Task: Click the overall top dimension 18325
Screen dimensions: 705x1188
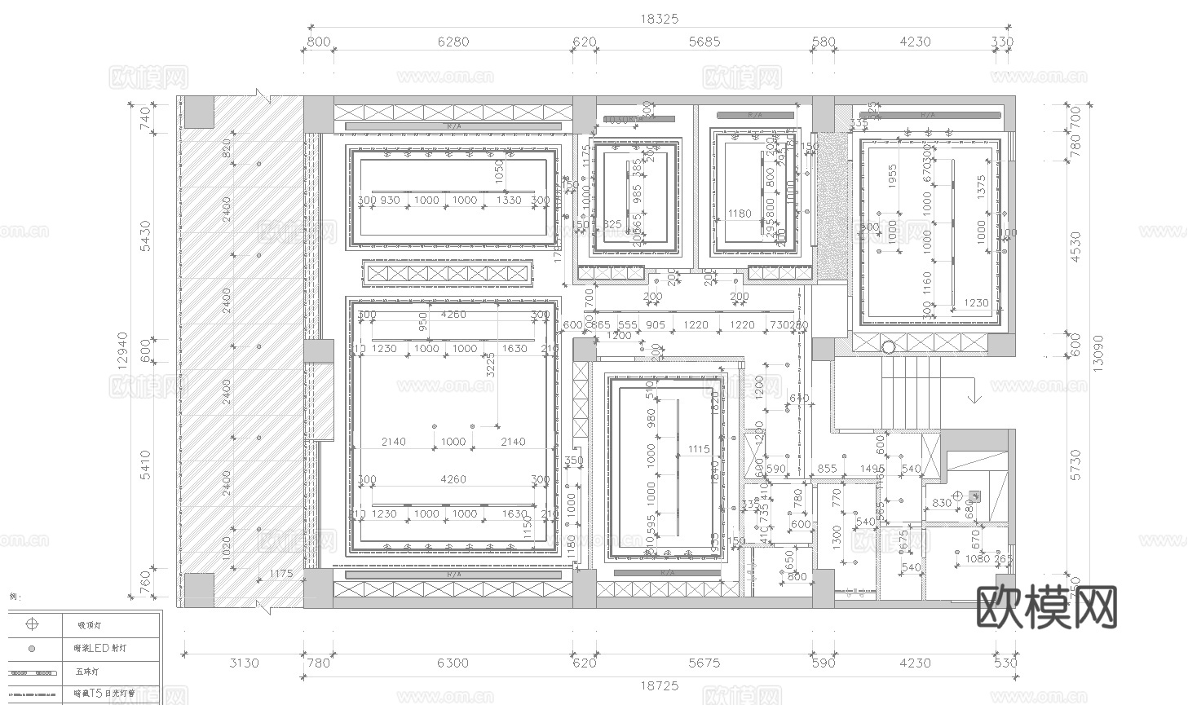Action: pyautogui.click(x=659, y=19)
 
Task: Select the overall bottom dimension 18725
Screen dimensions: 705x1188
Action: pyautogui.click(x=659, y=686)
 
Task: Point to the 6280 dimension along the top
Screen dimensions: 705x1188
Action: pyautogui.click(x=453, y=42)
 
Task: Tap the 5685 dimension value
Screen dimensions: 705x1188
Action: pyautogui.click(x=704, y=42)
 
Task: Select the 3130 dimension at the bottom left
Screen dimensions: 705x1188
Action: pyautogui.click(x=243, y=663)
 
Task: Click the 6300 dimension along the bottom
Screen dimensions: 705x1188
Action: pyautogui.click(x=453, y=663)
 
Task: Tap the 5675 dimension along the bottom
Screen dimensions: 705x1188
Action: pyautogui.click(x=704, y=663)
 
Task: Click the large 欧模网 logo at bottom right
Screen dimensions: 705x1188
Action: pyautogui.click(x=1047, y=606)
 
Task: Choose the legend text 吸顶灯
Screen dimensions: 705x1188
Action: pyautogui.click(x=89, y=625)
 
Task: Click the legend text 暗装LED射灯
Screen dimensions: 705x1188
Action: pyautogui.click(x=99, y=649)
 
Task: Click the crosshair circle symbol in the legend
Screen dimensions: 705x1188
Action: pyautogui.click(x=32, y=625)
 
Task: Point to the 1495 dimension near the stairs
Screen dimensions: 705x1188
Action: pyautogui.click(x=873, y=469)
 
